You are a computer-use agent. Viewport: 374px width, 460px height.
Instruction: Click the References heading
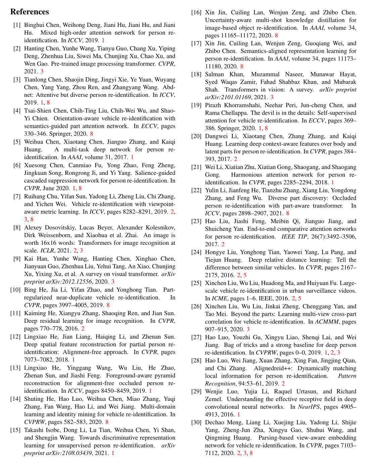[30, 12]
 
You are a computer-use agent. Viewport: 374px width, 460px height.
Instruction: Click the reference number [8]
[17, 228]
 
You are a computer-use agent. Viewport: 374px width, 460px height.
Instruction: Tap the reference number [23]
[196, 221]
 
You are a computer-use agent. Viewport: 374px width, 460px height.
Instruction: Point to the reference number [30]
[196, 422]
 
